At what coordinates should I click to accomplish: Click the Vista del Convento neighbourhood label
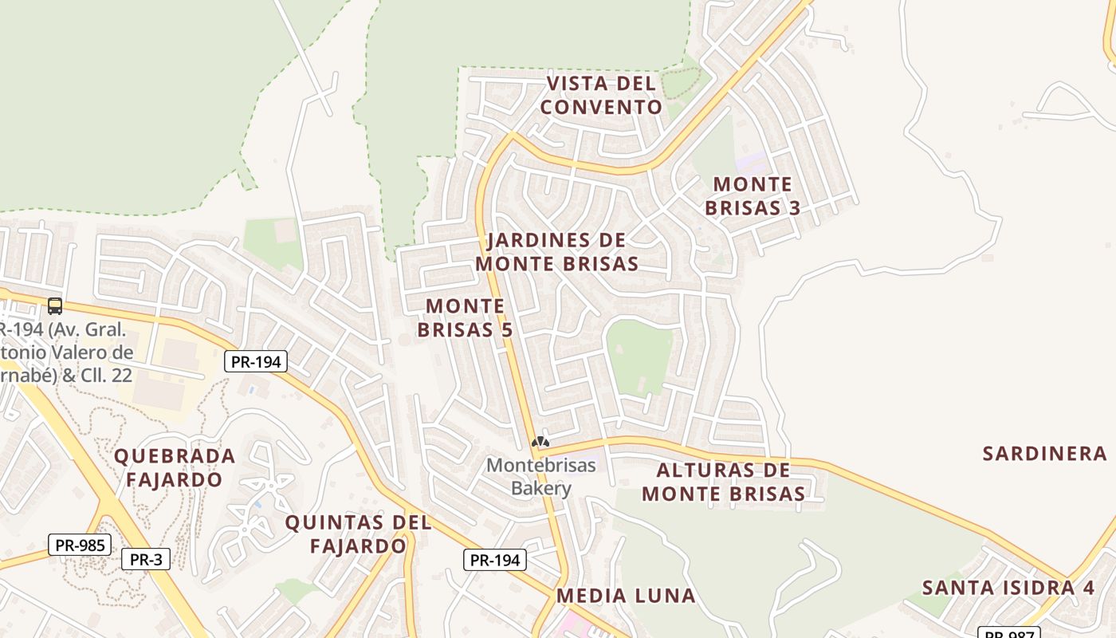point(601,95)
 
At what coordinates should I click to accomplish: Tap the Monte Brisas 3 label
point(753,196)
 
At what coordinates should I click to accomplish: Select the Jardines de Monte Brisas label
point(556,252)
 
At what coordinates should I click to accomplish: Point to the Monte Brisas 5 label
point(466,317)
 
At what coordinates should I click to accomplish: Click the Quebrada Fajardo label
point(175,468)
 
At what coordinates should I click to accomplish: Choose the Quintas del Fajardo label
point(359,534)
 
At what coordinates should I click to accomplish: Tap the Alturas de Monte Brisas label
point(724,482)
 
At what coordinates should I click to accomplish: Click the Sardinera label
point(1044,454)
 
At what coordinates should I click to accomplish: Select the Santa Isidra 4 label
point(1008,588)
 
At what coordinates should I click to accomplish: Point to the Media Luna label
point(626,595)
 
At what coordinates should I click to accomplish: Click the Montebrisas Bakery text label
point(541,476)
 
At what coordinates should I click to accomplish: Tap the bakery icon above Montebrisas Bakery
point(540,441)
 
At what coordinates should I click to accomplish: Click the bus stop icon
point(55,305)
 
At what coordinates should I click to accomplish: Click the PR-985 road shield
point(80,545)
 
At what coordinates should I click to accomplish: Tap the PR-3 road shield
point(146,559)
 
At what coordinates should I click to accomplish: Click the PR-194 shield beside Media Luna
point(495,560)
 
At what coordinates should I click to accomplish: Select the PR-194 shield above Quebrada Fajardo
point(255,361)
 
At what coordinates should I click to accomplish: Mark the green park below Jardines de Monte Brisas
point(639,356)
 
